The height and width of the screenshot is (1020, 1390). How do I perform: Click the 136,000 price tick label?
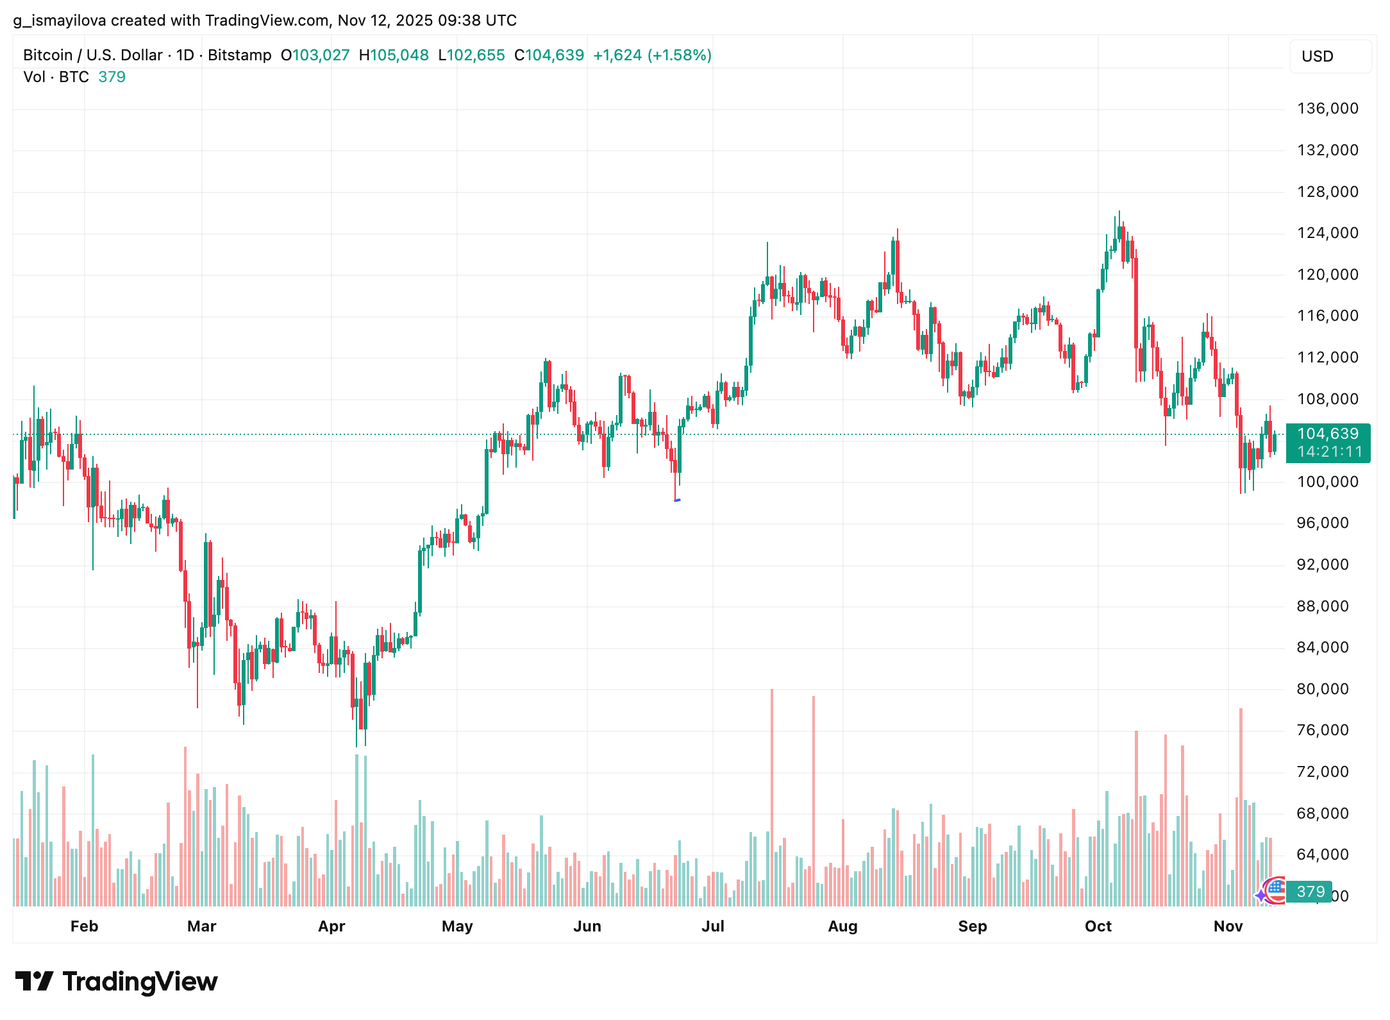[x=1327, y=108]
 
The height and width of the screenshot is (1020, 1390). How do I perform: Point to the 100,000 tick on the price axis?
[x=1327, y=482]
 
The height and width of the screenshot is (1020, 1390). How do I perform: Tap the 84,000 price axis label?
[x=1322, y=647]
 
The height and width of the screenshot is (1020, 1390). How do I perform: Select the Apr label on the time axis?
[x=331, y=926]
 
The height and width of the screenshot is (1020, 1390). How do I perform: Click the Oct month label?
[x=1098, y=926]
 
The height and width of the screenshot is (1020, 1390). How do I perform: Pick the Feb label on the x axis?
[x=84, y=926]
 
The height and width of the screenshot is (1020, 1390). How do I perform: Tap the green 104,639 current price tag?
[x=1327, y=434]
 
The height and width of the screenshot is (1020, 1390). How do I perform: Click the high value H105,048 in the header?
[x=394, y=55]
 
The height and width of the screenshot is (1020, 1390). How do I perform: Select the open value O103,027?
[x=315, y=55]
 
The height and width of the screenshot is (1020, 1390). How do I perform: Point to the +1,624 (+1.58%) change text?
[x=652, y=55]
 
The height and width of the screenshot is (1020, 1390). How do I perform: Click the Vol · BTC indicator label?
[x=56, y=77]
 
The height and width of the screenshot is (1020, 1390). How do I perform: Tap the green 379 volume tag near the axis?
[x=1310, y=892]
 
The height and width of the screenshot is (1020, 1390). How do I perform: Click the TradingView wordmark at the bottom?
[x=140, y=982]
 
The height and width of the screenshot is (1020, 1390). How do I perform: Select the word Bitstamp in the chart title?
[x=239, y=55]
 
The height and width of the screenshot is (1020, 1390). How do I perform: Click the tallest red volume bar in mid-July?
[x=772, y=795]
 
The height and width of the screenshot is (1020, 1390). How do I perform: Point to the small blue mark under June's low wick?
[x=677, y=500]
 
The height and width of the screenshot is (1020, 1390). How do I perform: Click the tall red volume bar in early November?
[x=1241, y=805]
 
